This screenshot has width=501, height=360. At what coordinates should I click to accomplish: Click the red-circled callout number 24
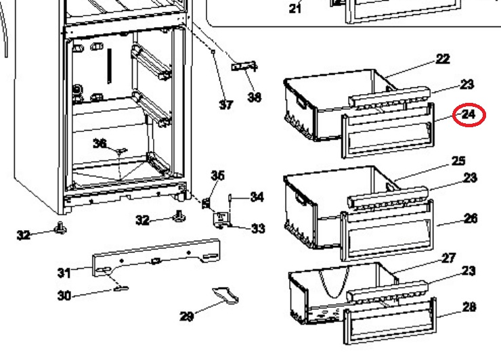tap(469, 114)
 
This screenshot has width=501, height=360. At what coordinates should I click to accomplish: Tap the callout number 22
tap(443, 59)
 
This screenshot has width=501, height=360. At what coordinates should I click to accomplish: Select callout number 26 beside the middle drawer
tap(471, 219)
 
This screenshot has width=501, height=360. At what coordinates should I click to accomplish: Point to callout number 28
tap(469, 307)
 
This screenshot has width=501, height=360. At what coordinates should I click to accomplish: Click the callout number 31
tap(64, 273)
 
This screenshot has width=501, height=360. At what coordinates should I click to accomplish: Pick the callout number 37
tap(226, 104)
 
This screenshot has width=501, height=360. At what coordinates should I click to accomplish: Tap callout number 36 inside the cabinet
tap(100, 143)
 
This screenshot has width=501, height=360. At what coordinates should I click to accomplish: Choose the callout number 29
tap(187, 316)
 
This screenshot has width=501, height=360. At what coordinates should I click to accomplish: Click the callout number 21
tap(295, 8)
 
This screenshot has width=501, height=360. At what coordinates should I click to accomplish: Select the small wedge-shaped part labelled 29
tap(225, 295)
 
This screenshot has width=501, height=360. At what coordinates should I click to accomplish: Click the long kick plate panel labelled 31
tap(156, 257)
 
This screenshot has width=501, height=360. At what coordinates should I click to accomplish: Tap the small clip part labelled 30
tap(121, 289)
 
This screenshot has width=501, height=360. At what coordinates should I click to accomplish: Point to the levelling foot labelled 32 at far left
tap(60, 228)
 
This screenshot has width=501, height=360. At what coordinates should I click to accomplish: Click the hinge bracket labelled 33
tap(221, 220)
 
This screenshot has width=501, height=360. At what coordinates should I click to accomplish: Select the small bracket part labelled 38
tap(244, 66)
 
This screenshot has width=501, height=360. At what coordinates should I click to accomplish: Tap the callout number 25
tap(458, 160)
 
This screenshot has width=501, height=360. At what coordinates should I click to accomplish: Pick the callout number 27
tap(449, 258)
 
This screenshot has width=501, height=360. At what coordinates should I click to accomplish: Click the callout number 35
tap(217, 175)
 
